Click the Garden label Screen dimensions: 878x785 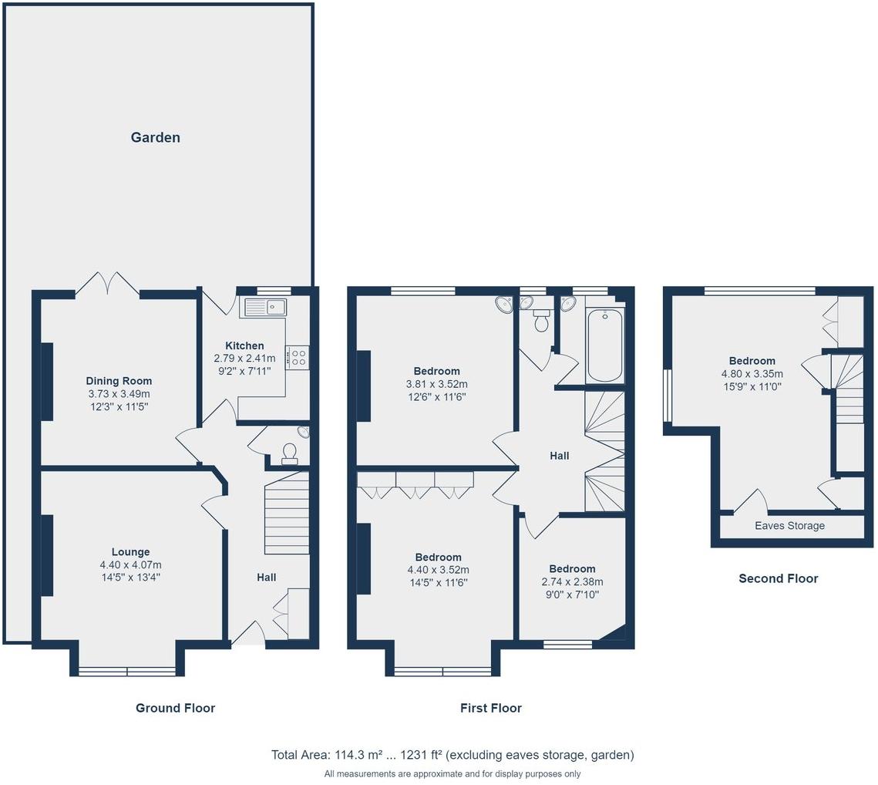coord(155,137)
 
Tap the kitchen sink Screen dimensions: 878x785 coord(265,306)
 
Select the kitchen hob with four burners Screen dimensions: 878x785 coord(298,358)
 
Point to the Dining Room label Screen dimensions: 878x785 coord(119,381)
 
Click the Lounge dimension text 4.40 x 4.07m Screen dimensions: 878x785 coord(130,564)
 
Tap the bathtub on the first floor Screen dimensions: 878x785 coord(605,345)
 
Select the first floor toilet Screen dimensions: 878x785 coord(541,319)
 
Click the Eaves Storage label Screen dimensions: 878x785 coord(789,526)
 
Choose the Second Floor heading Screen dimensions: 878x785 coord(779,578)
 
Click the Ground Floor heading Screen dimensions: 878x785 coord(175,708)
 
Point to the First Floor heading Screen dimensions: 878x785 coord(490,708)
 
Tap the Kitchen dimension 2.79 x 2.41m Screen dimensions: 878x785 coord(244,358)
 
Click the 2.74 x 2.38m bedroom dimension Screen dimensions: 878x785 coord(572,581)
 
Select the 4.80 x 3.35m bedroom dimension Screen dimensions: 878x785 coord(752,374)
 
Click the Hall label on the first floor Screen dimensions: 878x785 coord(560,456)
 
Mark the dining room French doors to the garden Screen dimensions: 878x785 coord(107,284)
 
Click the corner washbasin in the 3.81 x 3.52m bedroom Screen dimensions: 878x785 coord(505,304)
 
